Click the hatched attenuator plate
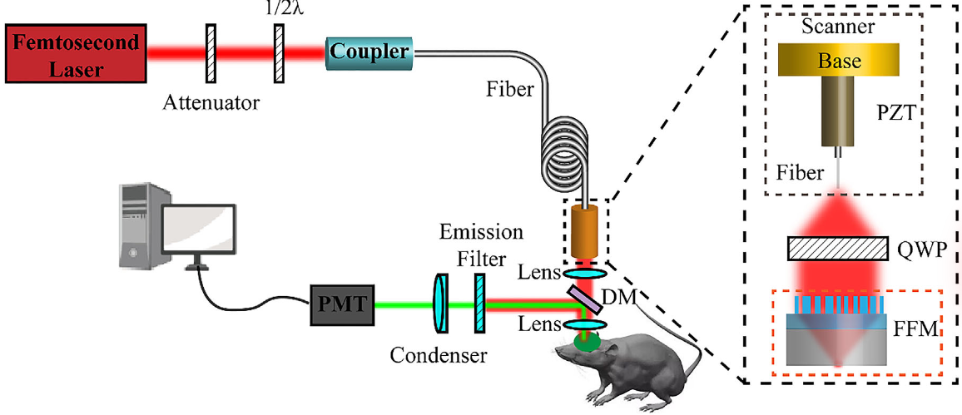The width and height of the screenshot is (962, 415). pyautogui.click(x=211, y=54)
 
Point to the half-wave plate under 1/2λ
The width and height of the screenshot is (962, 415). pyautogui.click(x=280, y=54)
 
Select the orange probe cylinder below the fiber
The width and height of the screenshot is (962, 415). pyautogui.click(x=588, y=232)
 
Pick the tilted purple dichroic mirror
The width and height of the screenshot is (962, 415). pyautogui.click(x=588, y=299)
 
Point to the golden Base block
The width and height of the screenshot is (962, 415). pyautogui.click(x=839, y=60)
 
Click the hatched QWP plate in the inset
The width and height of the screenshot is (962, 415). pyautogui.click(x=837, y=248)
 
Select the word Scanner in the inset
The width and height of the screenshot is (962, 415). pyautogui.click(x=838, y=28)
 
